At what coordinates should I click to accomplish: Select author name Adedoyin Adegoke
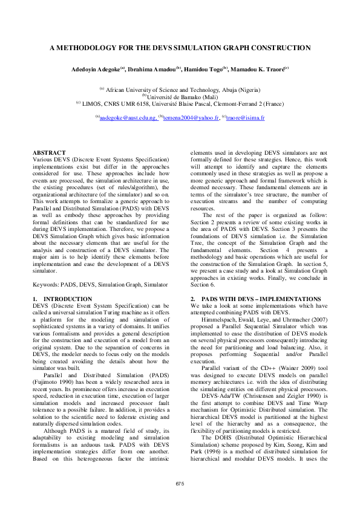tap(96, 70)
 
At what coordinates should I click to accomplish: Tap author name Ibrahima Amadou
tap(151, 70)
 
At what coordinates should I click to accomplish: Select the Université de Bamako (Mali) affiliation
tap(180, 96)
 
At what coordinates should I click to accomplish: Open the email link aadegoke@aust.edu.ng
tap(128, 117)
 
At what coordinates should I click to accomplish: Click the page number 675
tap(180, 484)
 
